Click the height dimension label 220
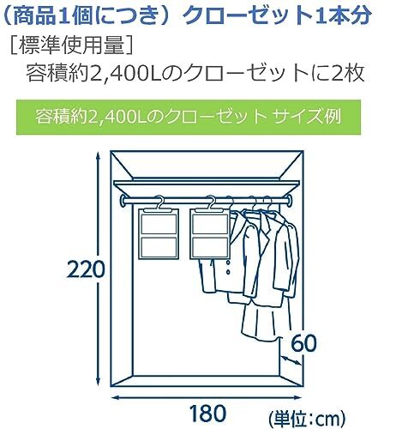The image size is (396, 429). [86, 269]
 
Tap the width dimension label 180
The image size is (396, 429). [207, 414]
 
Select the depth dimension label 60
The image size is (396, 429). [303, 343]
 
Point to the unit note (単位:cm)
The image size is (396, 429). [307, 419]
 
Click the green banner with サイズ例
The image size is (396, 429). [189, 117]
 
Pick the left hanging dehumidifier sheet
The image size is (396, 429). [159, 234]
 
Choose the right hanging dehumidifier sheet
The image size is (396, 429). [209, 234]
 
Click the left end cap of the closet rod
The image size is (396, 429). [124, 200]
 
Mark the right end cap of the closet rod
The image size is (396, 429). [290, 200]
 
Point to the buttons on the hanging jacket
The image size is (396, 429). [228, 267]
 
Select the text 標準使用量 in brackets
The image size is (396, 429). [71, 45]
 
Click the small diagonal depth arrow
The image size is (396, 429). [291, 360]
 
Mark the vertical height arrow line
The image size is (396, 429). [98, 269]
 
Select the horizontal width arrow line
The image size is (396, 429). [207, 397]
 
